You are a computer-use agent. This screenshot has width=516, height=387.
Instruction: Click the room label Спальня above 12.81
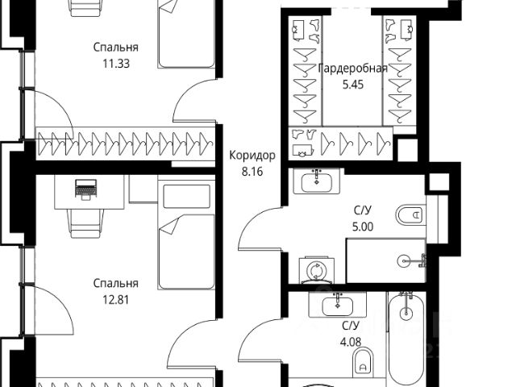pyautogui.click(x=115, y=283)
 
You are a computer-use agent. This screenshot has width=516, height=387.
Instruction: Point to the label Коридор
pyautogui.click(x=252, y=156)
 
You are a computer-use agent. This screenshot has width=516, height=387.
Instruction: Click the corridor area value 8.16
pyautogui.click(x=252, y=171)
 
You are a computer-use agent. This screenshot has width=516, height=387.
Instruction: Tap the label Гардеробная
pyautogui.click(x=353, y=68)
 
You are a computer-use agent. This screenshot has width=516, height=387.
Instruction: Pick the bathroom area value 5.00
pyautogui.click(x=364, y=227)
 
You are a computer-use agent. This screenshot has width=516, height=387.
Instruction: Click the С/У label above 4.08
pyautogui.click(x=352, y=325)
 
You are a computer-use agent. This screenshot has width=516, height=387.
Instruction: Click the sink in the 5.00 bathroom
pyautogui.click(x=320, y=183)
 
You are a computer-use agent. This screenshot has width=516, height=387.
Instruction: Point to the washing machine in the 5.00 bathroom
pyautogui.click(x=314, y=268)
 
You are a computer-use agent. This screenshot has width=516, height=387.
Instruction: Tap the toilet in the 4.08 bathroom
pyautogui.click(x=362, y=361)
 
